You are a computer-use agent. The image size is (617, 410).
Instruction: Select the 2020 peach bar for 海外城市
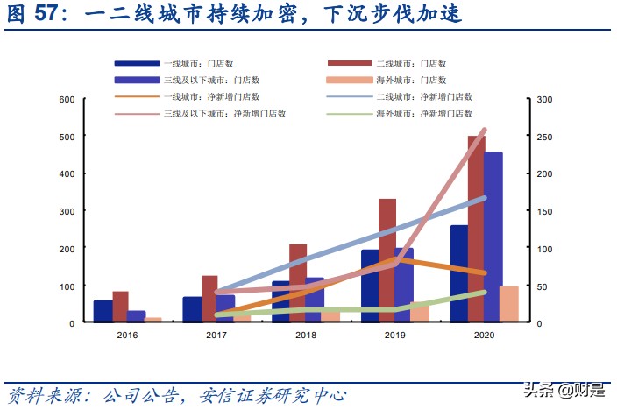tap(508, 304)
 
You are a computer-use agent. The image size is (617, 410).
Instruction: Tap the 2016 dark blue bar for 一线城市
tap(103, 311)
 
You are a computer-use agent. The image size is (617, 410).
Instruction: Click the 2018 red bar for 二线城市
tap(298, 282)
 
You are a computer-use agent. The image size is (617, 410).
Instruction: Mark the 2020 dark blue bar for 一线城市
tap(459, 273)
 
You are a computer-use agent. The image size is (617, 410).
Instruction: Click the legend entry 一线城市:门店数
tap(197, 64)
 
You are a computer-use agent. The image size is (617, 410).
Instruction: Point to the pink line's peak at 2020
tap(485, 130)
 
